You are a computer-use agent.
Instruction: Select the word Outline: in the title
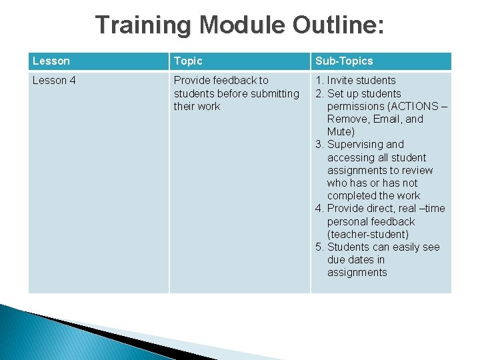coord(338,25)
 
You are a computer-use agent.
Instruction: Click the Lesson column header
coord(51,61)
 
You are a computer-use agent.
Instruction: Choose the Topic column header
coord(188,61)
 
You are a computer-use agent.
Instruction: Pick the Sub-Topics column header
coord(344,61)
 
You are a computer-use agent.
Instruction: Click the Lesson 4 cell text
coord(55,81)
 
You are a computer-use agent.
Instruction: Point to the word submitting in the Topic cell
coord(274,93)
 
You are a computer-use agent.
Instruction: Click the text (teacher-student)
coord(368,235)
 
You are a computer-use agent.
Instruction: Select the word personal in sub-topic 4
coord(347,222)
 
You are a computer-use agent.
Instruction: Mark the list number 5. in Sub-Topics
coord(320,247)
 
